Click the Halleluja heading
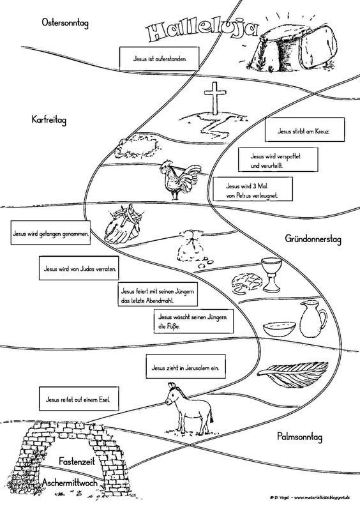[x=200, y=32]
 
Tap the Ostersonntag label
[x=65, y=23]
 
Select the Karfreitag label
[x=49, y=119]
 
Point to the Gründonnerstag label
[x=313, y=239]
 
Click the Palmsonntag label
[x=299, y=437]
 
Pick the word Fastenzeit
[x=77, y=460]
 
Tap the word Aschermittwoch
[x=70, y=482]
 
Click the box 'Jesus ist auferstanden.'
[x=159, y=59]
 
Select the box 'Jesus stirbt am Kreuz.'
[x=304, y=130]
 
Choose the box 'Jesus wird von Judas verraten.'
[x=79, y=268]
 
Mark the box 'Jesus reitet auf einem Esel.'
[x=78, y=399]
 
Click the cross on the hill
[x=214, y=98]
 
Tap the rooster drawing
[x=177, y=179]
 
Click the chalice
[x=271, y=275]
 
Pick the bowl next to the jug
[x=279, y=329]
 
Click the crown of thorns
[x=138, y=148]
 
